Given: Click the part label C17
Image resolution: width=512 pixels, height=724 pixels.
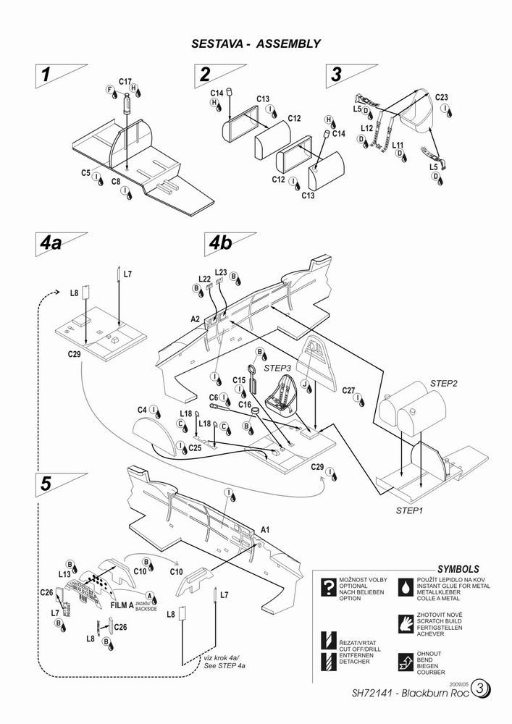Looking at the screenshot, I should point(124,82).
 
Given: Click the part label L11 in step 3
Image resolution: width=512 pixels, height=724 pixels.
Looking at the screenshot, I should point(398,145).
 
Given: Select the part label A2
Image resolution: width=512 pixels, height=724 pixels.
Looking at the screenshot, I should point(196,319).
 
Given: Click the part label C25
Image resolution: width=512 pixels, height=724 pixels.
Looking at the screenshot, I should point(195,448).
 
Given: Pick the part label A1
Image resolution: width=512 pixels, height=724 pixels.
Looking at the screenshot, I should point(265,530).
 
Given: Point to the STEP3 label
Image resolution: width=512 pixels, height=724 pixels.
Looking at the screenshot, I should point(277,368).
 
